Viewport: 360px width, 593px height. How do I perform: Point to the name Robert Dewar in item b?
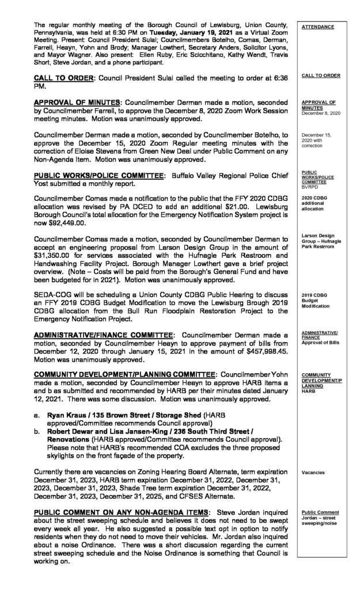pyautogui.click(x=76, y=431)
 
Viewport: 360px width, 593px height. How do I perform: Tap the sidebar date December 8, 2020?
pyautogui.click(x=321, y=113)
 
